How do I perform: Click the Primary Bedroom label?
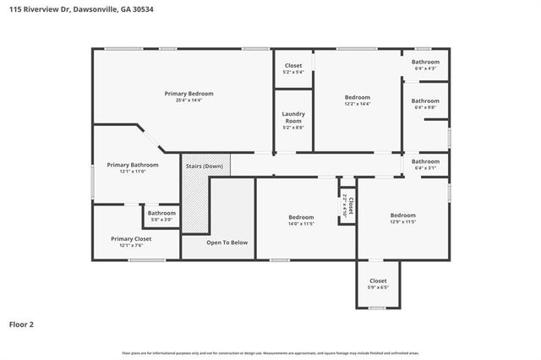[x=189, y=93]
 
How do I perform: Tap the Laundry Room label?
[x=293, y=117]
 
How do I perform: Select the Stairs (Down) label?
[x=206, y=166]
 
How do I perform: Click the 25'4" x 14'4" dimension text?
[x=189, y=101]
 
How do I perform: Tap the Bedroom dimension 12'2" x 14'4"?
[x=358, y=105]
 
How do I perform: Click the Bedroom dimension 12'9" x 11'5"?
[x=402, y=222]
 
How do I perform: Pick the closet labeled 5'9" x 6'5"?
[x=378, y=284]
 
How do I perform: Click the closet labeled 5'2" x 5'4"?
[x=293, y=68]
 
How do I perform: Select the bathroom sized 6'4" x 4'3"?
[x=425, y=65]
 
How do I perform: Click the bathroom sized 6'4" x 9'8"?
[x=425, y=104]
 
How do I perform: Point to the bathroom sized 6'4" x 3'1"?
[x=425, y=165]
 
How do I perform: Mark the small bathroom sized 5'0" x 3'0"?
[x=161, y=216]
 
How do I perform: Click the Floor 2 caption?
[x=22, y=324]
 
